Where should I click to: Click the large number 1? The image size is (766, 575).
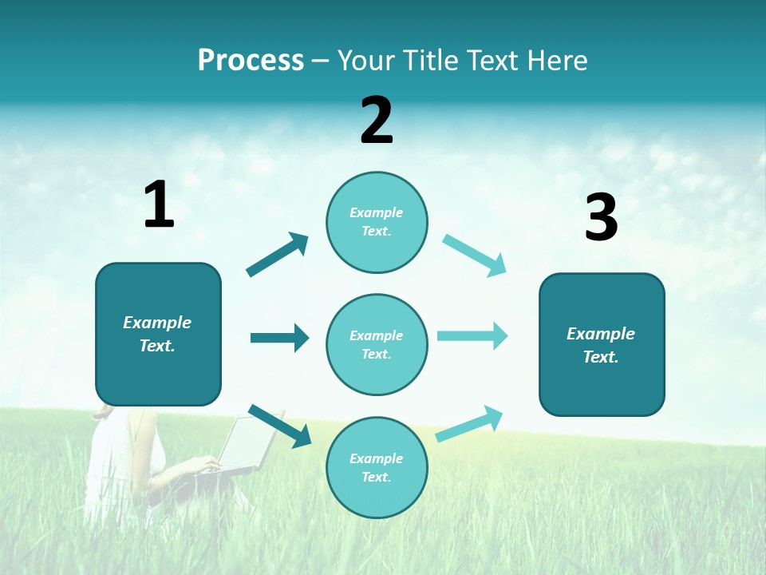click(159, 205)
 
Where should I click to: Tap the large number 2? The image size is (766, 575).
click(377, 121)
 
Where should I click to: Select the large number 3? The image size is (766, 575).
click(601, 218)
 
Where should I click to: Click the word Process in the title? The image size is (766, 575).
click(251, 61)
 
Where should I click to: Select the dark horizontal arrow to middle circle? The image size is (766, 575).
click(279, 338)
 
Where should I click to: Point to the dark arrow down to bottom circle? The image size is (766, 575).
click(279, 426)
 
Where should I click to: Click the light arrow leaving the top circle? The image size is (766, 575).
click(475, 255)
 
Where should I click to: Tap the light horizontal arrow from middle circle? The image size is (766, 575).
click(472, 336)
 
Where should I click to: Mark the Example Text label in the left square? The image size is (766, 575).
click(157, 334)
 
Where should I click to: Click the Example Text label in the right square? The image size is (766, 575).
click(601, 345)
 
